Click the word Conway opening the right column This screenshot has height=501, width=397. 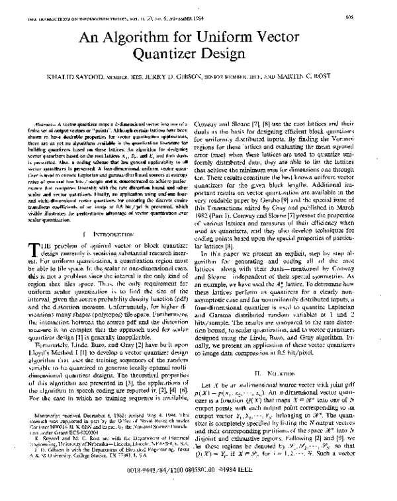tap(221, 124)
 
